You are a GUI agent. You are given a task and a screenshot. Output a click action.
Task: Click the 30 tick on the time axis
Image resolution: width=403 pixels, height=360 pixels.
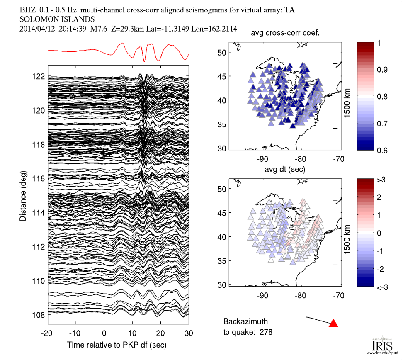pos(189,333)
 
